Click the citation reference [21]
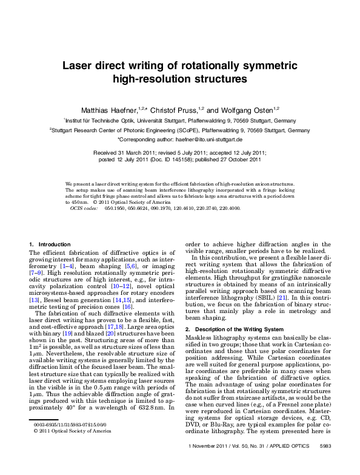click(281, 297)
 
